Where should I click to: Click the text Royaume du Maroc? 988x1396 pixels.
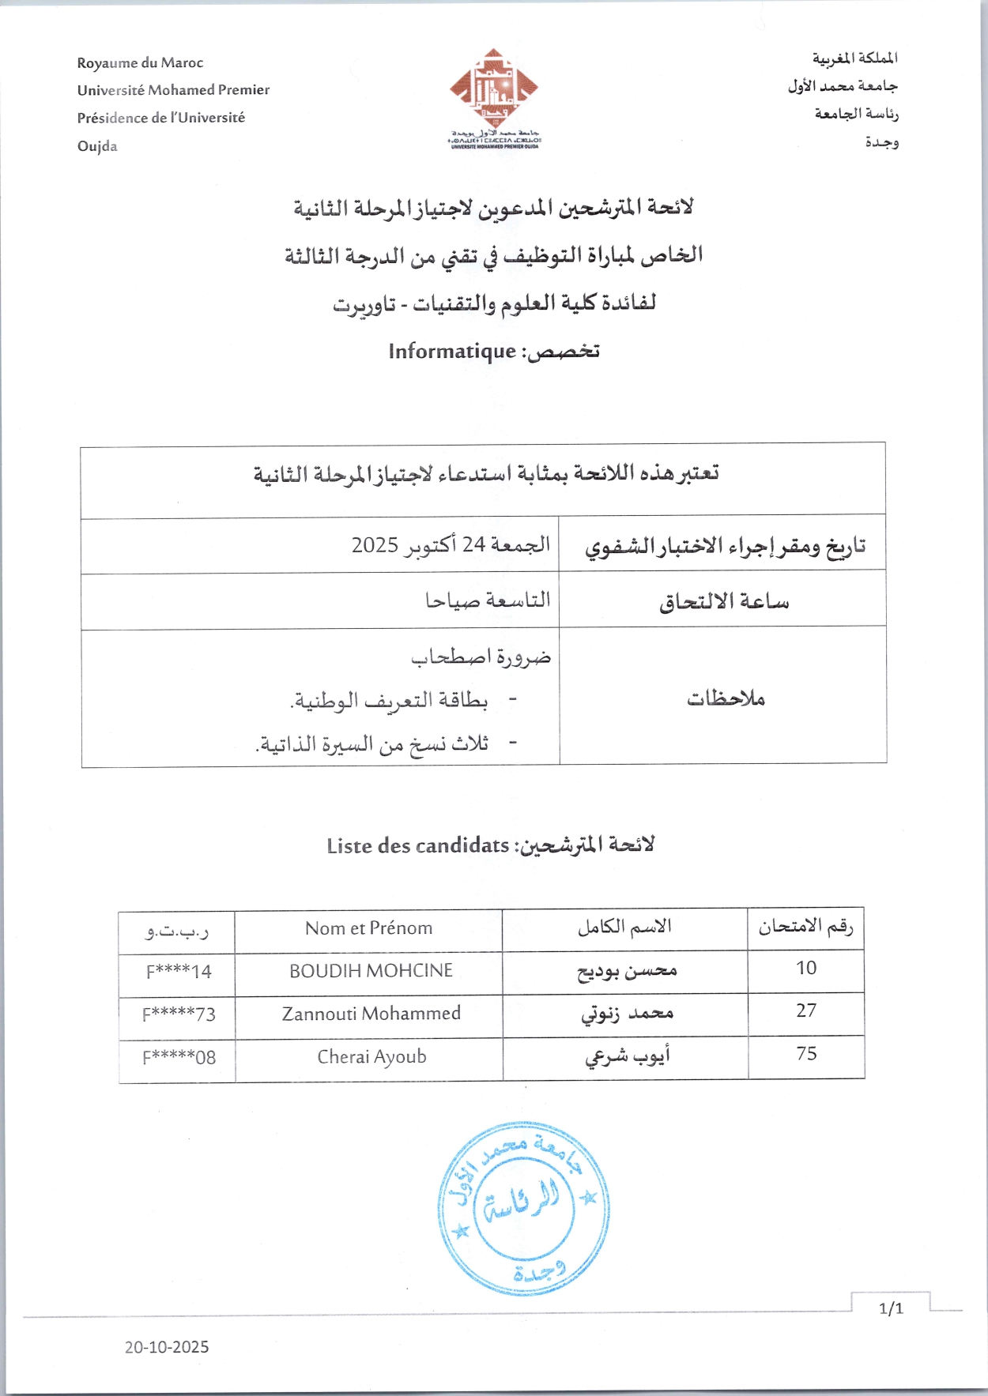[140, 63]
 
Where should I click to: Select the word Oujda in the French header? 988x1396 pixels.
[97, 146]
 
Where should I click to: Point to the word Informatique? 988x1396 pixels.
[451, 351]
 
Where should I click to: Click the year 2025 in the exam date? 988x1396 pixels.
[375, 545]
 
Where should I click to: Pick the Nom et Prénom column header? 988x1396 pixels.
[368, 928]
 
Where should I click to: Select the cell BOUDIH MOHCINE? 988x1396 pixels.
[371, 971]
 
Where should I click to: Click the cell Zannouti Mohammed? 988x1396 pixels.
[371, 1014]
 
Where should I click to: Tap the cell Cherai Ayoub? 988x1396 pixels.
[371, 1057]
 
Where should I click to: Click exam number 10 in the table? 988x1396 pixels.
[805, 969]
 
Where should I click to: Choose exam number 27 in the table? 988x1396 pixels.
[805, 1011]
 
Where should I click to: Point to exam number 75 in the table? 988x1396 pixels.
[806, 1054]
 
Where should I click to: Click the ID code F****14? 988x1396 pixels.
[179, 972]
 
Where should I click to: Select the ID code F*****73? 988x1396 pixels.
[179, 1014]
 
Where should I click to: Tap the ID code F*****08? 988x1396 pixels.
[179, 1058]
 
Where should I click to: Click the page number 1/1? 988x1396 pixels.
[891, 1309]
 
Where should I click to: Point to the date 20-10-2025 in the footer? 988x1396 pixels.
[167, 1347]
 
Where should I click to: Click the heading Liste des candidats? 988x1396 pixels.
[417, 846]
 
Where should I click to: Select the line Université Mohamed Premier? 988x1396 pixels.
[173, 90]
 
